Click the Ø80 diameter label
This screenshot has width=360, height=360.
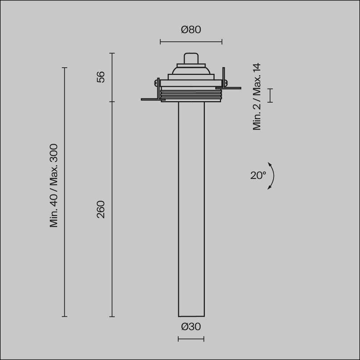[191, 30]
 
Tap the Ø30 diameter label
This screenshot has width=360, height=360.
[191, 327]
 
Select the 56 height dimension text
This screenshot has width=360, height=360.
[101, 77]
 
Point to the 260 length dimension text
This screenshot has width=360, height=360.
[101, 210]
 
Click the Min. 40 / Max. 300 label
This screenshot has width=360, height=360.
[54, 185]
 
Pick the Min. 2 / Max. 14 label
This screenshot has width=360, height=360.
[257, 96]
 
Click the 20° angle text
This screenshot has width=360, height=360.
[258, 176]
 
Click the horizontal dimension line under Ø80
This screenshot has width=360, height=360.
[191, 42]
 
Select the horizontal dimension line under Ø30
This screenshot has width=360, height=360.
[191, 339]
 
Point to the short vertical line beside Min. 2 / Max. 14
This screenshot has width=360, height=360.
[270, 95]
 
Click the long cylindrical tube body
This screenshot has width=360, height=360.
[191, 209]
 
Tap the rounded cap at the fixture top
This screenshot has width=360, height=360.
[191, 59]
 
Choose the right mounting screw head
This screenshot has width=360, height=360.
[226, 82]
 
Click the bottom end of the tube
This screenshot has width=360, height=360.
[191, 316]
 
